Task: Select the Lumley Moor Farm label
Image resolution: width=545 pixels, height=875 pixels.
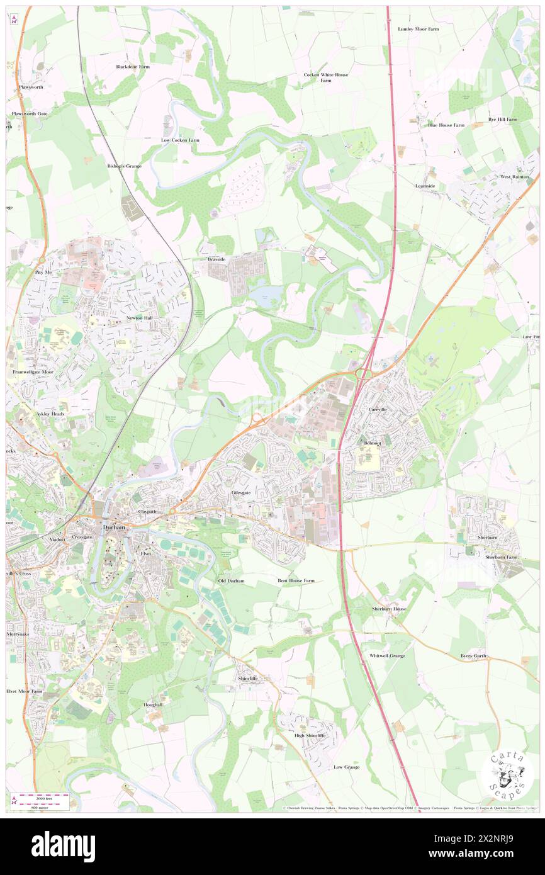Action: pyautogui.click(x=419, y=29)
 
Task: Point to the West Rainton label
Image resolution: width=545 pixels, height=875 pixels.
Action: pyautogui.click(x=514, y=177)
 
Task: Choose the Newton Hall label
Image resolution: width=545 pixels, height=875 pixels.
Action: pyautogui.click(x=140, y=319)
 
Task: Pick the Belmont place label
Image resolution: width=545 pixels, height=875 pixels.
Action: pyautogui.click(x=373, y=443)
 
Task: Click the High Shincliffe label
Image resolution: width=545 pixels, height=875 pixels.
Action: pyautogui.click(x=310, y=735)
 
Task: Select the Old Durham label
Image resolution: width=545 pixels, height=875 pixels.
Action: pyautogui.click(x=231, y=580)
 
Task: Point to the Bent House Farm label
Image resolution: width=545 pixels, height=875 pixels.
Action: pyautogui.click(x=296, y=580)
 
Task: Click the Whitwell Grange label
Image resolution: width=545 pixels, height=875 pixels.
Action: pyautogui.click(x=387, y=655)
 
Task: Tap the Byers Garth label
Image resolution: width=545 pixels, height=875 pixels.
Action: pyautogui.click(x=473, y=656)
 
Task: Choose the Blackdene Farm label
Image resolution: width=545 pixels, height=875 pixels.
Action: pyautogui.click(x=133, y=66)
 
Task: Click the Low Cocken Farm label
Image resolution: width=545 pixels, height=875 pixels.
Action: pyautogui.click(x=180, y=140)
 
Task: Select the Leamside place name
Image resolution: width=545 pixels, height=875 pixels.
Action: pyautogui.click(x=425, y=186)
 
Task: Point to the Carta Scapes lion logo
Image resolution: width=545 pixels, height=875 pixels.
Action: pyautogui.click(x=508, y=775)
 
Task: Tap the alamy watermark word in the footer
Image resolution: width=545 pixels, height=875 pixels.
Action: pyautogui.click(x=63, y=847)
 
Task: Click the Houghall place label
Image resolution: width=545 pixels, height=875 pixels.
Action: pyautogui.click(x=153, y=704)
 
